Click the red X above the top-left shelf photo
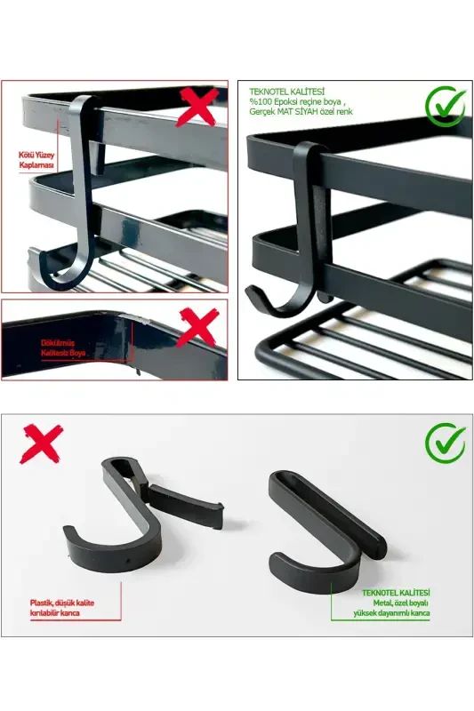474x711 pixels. [x=201, y=105]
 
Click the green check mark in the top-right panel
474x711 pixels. [x=445, y=105]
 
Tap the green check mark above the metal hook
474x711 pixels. [x=445, y=442]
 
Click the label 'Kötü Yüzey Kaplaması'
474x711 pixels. [x=36, y=160]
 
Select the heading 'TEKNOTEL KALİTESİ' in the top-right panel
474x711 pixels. [x=287, y=92]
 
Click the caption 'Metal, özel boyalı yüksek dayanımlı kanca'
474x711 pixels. [x=396, y=603]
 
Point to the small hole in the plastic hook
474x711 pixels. [x=132, y=563]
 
